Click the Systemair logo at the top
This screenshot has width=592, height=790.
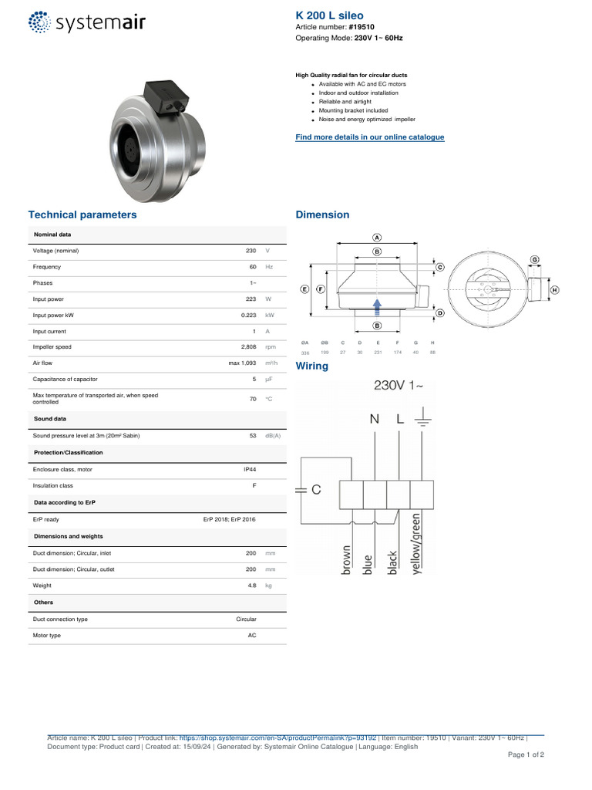pos(86,22)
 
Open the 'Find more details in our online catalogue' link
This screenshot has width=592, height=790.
pos(370,137)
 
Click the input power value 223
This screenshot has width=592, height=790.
pos(250,299)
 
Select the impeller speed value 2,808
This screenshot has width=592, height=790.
pos(248,347)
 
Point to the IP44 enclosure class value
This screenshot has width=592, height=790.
pos(250,469)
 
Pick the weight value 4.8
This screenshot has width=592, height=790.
pos(251,586)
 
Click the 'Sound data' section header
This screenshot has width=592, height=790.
pos(50,419)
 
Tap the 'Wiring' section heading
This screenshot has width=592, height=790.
pos(312,366)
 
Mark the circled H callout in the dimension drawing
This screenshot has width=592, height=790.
pos(554,290)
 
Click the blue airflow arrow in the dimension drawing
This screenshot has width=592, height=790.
pos(377,306)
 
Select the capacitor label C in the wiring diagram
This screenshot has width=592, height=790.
pos(316,489)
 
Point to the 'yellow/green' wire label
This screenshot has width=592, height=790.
pos(417,542)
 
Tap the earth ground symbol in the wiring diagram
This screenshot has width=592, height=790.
pos(423,421)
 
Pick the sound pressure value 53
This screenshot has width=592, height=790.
pos(252,436)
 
